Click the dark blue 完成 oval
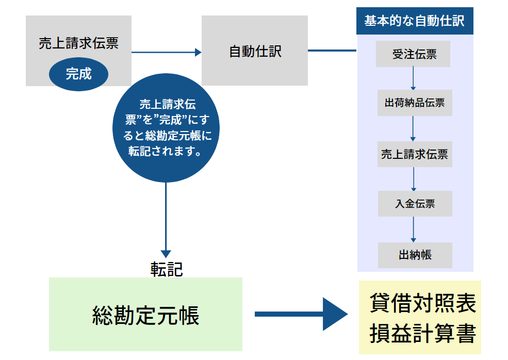coord(78,74)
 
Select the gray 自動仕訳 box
coord(254,51)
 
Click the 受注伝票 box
coord(414,54)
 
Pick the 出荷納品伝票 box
coord(415,103)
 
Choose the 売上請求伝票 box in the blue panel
coord(415,154)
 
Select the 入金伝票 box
coord(415,204)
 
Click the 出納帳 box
coord(415,255)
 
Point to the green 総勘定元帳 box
coord(145,315)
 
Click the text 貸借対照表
coord(422,303)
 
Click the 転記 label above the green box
coord(167,269)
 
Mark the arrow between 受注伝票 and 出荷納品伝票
coord(414,78)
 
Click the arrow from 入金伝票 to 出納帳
coord(414,229)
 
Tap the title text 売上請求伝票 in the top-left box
coord(78,43)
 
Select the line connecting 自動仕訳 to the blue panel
coord(332,51)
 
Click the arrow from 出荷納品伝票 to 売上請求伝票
coord(414,128)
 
